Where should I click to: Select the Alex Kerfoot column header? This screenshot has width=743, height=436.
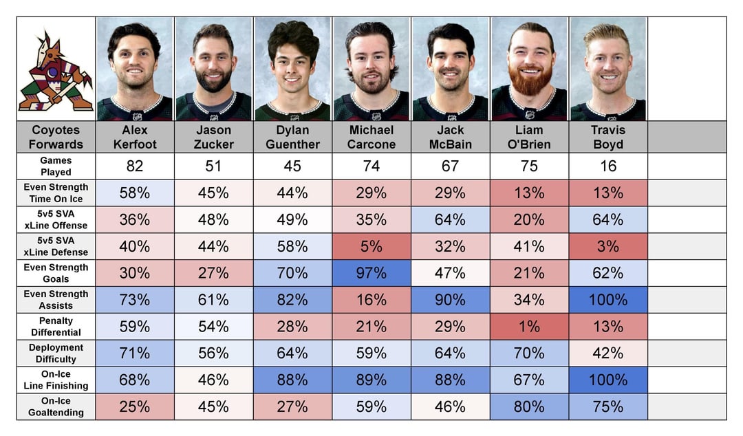pyautogui.click(x=134, y=137)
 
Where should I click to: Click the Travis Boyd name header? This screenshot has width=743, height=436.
pyautogui.click(x=607, y=137)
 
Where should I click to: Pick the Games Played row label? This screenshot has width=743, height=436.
pyautogui.click(x=56, y=166)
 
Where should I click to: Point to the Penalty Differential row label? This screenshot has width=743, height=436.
pyautogui.click(x=56, y=327)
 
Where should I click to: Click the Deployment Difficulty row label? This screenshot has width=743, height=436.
pyautogui.click(x=56, y=353)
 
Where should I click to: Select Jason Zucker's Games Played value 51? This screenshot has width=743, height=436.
pyautogui.click(x=213, y=166)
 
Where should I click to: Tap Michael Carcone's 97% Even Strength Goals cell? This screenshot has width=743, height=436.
pyautogui.click(x=371, y=273)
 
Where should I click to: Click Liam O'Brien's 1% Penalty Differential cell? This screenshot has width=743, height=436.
pyautogui.click(x=529, y=327)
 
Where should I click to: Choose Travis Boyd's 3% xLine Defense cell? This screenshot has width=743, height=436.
pyautogui.click(x=607, y=246)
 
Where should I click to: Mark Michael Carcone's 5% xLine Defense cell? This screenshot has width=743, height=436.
pyautogui.click(x=371, y=246)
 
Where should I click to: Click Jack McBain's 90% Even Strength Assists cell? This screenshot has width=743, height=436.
pyautogui.click(x=450, y=300)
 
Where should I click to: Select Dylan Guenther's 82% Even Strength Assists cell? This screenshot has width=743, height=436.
pyautogui.click(x=292, y=300)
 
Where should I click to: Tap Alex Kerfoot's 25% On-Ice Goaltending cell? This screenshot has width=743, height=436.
pyautogui.click(x=134, y=406)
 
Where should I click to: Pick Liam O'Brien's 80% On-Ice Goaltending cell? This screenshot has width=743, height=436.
pyautogui.click(x=529, y=406)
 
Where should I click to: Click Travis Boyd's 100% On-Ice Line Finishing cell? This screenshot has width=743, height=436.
pyautogui.click(x=607, y=380)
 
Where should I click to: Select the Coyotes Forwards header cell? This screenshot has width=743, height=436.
pyautogui.click(x=56, y=137)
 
